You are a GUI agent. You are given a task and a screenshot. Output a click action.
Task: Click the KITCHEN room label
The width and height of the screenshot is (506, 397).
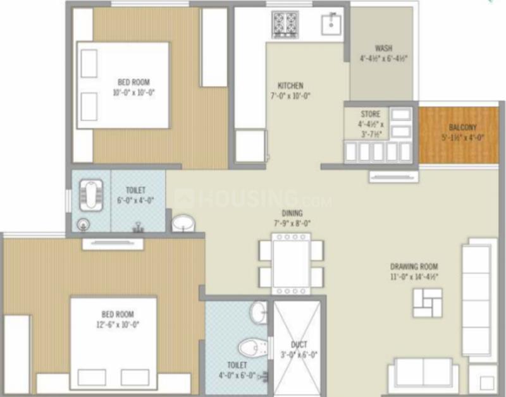290,85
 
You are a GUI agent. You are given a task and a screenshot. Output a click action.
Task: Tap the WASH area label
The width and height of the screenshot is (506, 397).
383,48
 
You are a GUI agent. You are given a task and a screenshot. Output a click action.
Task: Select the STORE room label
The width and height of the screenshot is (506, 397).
370,114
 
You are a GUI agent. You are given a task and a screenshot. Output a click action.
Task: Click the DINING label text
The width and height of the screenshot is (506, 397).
292,213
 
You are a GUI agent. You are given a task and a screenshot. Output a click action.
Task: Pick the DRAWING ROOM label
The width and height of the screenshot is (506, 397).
414,267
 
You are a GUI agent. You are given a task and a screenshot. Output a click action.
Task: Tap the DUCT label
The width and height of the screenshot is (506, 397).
299,345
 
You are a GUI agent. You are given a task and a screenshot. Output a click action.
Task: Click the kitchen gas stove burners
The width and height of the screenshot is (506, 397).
285,25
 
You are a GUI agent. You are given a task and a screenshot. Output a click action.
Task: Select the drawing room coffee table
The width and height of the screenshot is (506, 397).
428,302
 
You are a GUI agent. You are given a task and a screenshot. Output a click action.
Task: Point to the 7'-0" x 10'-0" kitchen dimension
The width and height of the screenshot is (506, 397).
290,96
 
